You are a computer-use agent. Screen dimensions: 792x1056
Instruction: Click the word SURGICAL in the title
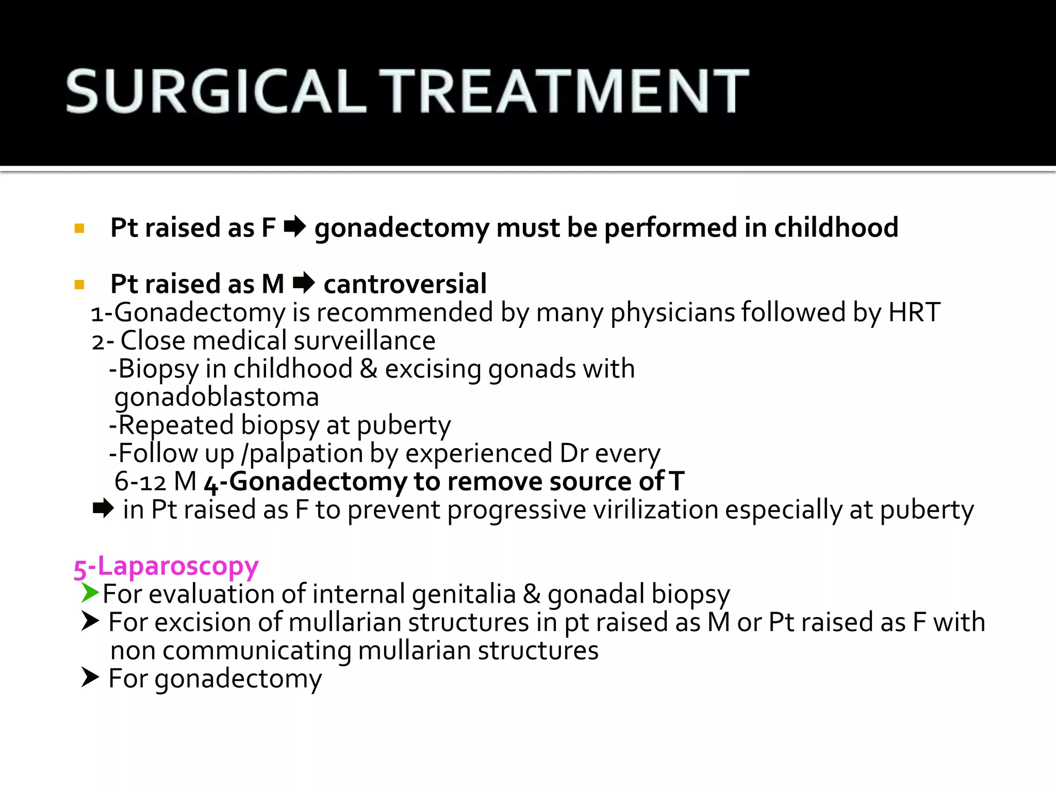(216, 91)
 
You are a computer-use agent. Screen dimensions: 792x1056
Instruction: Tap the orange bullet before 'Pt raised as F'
(79, 228)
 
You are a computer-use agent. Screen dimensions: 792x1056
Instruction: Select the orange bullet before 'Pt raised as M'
(79, 284)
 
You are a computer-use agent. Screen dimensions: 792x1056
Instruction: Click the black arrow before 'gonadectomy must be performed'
(295, 227)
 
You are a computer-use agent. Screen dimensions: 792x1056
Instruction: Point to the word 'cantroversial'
(405, 284)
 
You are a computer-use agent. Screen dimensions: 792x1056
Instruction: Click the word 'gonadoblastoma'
(217, 397)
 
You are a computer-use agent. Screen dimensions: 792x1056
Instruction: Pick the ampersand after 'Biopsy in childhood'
(368, 369)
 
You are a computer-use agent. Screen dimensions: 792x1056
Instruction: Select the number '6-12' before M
(140, 482)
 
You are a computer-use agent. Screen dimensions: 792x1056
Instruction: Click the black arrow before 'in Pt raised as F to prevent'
(103, 509)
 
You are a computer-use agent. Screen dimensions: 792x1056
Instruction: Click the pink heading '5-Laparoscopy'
(166, 566)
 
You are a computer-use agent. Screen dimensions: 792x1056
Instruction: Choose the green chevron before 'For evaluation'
(90, 593)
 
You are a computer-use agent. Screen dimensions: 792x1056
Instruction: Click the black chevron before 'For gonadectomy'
(90, 677)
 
